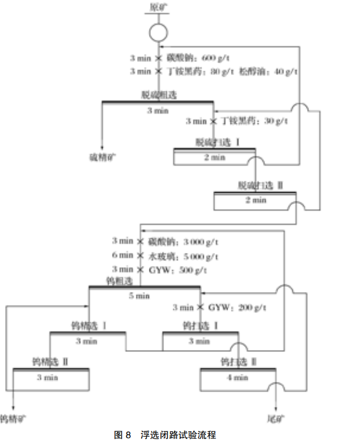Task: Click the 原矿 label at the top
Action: (x=158, y=7)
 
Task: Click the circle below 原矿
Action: (x=158, y=32)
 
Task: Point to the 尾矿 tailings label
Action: (x=275, y=420)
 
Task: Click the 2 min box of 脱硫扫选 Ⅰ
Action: (x=214, y=158)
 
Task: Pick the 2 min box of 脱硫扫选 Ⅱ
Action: (x=255, y=200)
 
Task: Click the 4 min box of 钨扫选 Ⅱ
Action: (x=238, y=377)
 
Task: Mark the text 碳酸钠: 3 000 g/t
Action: (x=184, y=242)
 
